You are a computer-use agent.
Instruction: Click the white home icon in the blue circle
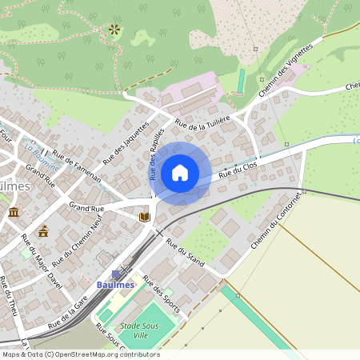coord(180,173)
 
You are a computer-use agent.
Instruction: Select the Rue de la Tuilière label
coord(202,122)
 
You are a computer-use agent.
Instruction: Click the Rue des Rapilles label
coord(156,153)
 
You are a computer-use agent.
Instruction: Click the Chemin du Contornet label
coord(276,220)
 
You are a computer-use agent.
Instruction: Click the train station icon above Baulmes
coord(117,274)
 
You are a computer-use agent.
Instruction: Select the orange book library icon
coord(145,217)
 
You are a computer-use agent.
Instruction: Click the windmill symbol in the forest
coord(114,30)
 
